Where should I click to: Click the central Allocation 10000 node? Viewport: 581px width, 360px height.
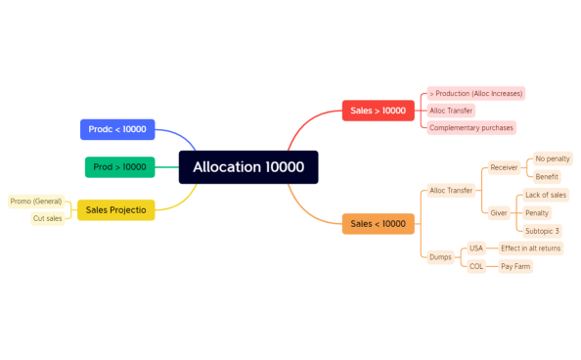248,167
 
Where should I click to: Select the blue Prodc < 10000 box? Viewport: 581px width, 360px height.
117,129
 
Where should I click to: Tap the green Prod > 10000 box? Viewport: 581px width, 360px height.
119,167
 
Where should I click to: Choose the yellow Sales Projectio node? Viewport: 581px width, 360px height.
115,209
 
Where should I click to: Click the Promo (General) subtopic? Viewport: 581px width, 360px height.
36,202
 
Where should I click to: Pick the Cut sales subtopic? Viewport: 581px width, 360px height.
48,218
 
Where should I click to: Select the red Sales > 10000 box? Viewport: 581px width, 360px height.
378,111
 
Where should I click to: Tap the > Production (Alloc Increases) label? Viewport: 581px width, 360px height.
476,93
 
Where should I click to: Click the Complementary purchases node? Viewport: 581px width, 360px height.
470,128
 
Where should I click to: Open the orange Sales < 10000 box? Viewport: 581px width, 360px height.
378,224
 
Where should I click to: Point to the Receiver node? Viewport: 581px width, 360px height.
504,167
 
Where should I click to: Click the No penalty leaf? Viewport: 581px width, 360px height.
553,158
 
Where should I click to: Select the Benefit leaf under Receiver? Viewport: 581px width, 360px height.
547,177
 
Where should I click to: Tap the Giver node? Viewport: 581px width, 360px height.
498,212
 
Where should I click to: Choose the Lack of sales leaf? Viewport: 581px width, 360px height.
545,195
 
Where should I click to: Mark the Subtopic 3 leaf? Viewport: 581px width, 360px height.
543,231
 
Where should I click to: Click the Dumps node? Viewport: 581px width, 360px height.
440,257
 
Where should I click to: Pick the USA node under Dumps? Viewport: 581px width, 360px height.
476,248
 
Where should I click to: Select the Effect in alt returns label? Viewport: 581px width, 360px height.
530,248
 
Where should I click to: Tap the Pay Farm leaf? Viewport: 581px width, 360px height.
514,266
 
